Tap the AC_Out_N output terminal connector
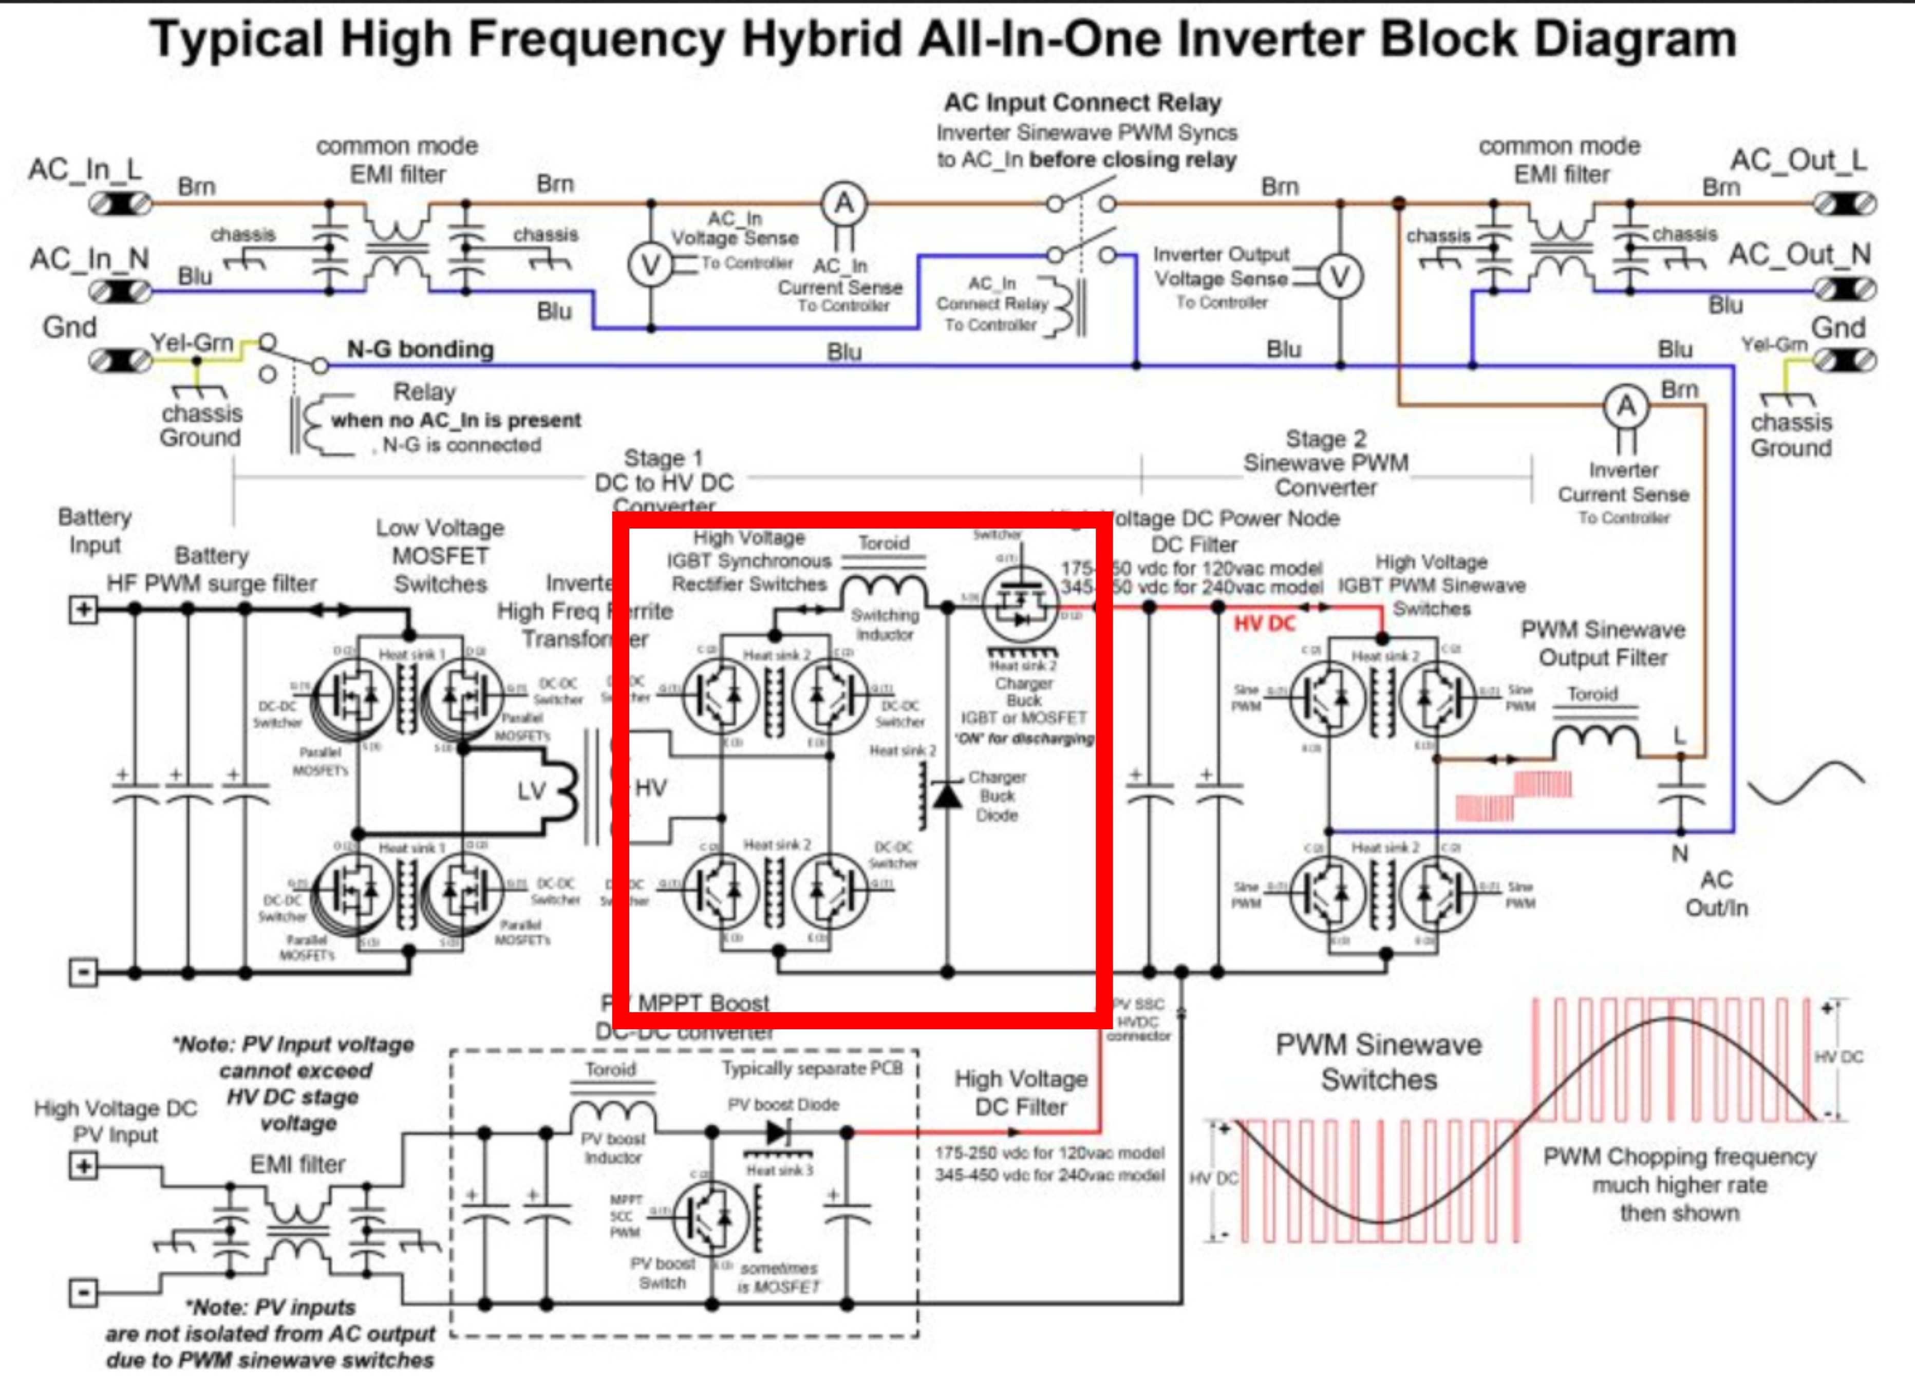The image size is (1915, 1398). pos(1844,290)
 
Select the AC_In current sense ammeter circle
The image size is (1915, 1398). pos(843,204)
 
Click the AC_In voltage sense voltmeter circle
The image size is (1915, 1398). pos(650,266)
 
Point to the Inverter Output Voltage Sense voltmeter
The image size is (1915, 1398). pos(1340,277)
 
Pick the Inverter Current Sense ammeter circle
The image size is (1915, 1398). pos(1626,407)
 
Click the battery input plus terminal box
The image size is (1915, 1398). pos(83,609)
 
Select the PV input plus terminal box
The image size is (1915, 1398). pos(83,1166)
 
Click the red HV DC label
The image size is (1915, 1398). pos(1264,624)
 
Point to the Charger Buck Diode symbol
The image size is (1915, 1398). pos(946,794)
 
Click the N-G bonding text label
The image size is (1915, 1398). pos(421,349)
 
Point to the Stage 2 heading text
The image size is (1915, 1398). pos(1325,439)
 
